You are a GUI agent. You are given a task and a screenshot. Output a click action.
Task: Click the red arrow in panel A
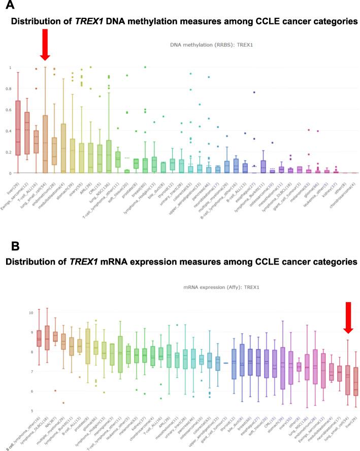(x=45, y=46)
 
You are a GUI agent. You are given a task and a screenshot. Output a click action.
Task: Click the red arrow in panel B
(x=347, y=317)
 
